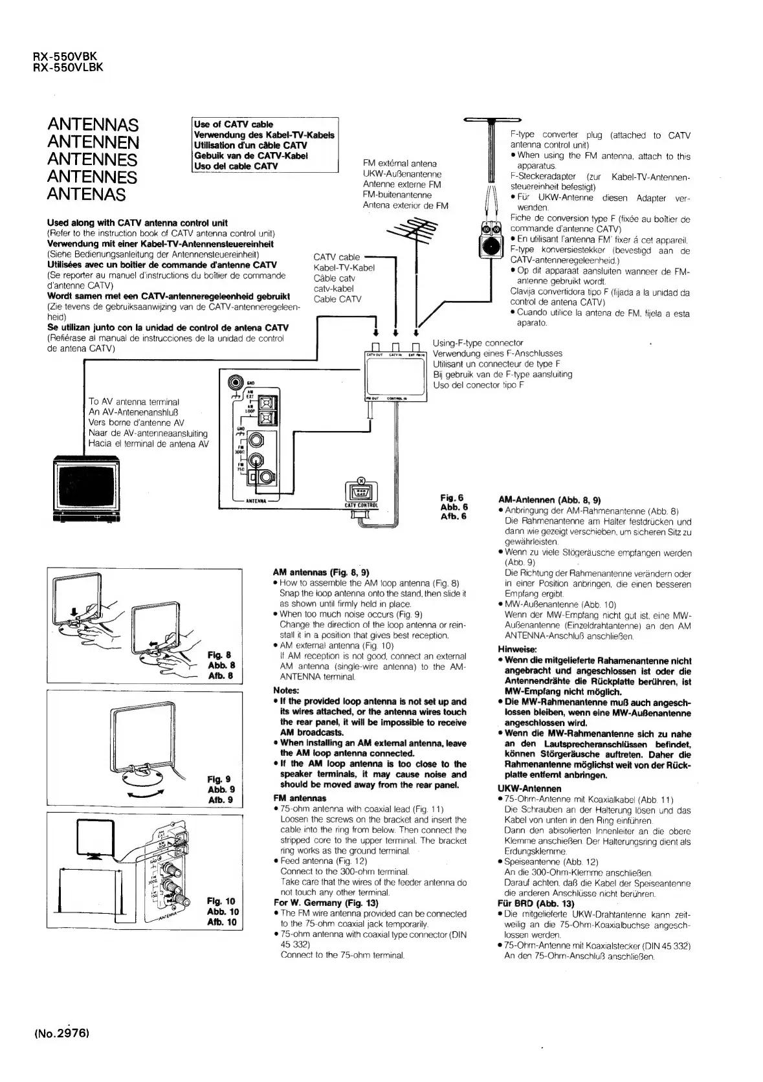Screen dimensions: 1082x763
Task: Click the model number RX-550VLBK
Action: (x=68, y=67)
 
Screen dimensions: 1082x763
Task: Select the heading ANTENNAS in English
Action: (x=93, y=124)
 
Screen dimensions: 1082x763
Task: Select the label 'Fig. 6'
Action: (x=452, y=498)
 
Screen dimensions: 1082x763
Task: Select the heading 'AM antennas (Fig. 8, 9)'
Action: (x=321, y=572)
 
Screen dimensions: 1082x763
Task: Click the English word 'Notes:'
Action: (x=286, y=690)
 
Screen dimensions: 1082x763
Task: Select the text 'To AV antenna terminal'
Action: (x=133, y=402)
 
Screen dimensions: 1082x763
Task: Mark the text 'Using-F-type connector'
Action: (x=478, y=343)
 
